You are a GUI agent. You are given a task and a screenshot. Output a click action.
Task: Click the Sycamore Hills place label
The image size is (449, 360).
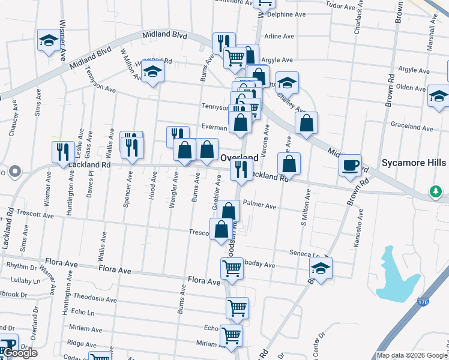point(414,163)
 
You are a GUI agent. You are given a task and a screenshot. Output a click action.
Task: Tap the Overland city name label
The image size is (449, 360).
point(240,158)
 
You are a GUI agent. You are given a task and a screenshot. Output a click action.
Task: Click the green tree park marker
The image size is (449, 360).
point(436,192)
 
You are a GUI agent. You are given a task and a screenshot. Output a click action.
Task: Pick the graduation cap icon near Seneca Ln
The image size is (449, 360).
point(321,268)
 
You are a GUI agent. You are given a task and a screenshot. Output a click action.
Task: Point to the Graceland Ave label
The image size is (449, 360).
point(412,128)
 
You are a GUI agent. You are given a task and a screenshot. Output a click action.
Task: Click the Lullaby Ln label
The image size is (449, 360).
point(25,280)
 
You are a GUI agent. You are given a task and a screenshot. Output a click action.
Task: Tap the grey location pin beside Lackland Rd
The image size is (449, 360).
point(18,172)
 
